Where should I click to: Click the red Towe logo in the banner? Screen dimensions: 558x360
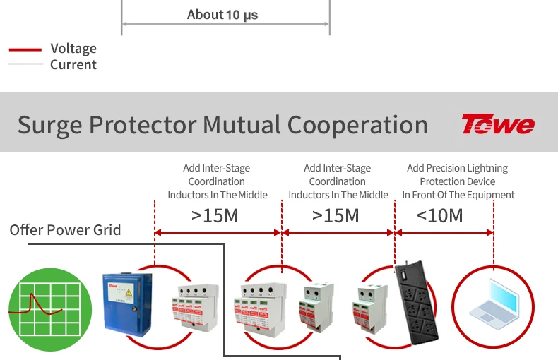(x=498, y=124)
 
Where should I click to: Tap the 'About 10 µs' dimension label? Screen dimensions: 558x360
(x=222, y=15)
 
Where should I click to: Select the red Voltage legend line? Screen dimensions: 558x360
(x=25, y=50)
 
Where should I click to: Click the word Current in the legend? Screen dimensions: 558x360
(x=73, y=65)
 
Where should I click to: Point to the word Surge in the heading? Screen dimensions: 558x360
(x=50, y=126)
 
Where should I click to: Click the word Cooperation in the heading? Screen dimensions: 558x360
(x=357, y=126)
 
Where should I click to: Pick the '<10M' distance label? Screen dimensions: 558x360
(x=439, y=216)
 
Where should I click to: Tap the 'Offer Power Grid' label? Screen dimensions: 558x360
(x=65, y=230)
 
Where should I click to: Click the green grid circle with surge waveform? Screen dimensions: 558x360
(x=50, y=309)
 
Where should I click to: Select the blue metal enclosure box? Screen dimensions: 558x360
(x=127, y=305)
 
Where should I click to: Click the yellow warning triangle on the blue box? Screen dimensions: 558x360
(x=129, y=293)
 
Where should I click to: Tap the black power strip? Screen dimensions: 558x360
(x=416, y=302)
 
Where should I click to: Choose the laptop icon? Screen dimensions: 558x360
(x=494, y=305)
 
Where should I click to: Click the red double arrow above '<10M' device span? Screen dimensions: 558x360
(x=444, y=233)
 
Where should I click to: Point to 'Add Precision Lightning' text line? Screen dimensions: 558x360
(x=457, y=168)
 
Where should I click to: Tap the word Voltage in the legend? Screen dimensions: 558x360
(x=73, y=49)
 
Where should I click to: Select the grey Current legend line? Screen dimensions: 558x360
(x=26, y=64)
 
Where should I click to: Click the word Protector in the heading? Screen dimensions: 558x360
(x=143, y=126)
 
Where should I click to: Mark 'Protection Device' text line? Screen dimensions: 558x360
(x=458, y=181)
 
